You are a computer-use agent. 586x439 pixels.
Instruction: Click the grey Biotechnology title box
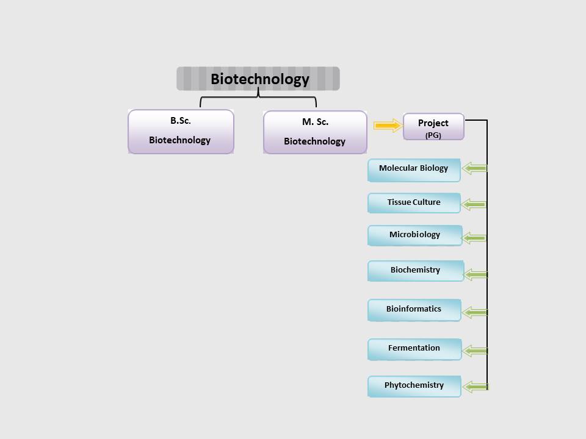coord(258,79)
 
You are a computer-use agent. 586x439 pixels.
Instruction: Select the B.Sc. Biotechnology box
coord(181,132)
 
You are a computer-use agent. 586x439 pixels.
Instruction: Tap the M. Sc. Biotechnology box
coord(315,132)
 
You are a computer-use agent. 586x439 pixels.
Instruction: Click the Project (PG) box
coord(433,127)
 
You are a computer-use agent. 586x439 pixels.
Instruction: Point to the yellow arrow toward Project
coord(388,126)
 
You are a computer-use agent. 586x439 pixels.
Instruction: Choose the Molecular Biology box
coord(414,170)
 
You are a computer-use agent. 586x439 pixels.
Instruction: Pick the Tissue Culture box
coord(414,203)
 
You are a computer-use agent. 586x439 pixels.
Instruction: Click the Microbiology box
coord(415,235)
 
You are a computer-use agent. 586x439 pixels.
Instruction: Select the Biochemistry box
coord(416,271)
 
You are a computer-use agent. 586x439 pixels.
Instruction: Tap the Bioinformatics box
coord(414,310)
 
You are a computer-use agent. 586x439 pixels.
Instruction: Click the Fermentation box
coord(414,349)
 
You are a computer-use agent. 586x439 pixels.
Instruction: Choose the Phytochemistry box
coord(414,387)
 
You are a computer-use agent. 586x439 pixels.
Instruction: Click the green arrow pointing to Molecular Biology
coord(474,168)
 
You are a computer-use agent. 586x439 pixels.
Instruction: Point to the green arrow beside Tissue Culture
coord(474,204)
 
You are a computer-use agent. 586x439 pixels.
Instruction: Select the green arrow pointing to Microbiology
coord(475,238)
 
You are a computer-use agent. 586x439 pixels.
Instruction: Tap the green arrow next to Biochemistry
coord(476,275)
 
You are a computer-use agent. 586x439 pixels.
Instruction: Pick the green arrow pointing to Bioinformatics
coord(475,312)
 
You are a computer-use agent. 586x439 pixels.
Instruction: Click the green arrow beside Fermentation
coord(475,351)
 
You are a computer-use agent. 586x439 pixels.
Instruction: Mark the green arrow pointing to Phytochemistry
coord(476,387)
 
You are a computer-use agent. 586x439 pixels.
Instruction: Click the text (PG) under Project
coord(433,135)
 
